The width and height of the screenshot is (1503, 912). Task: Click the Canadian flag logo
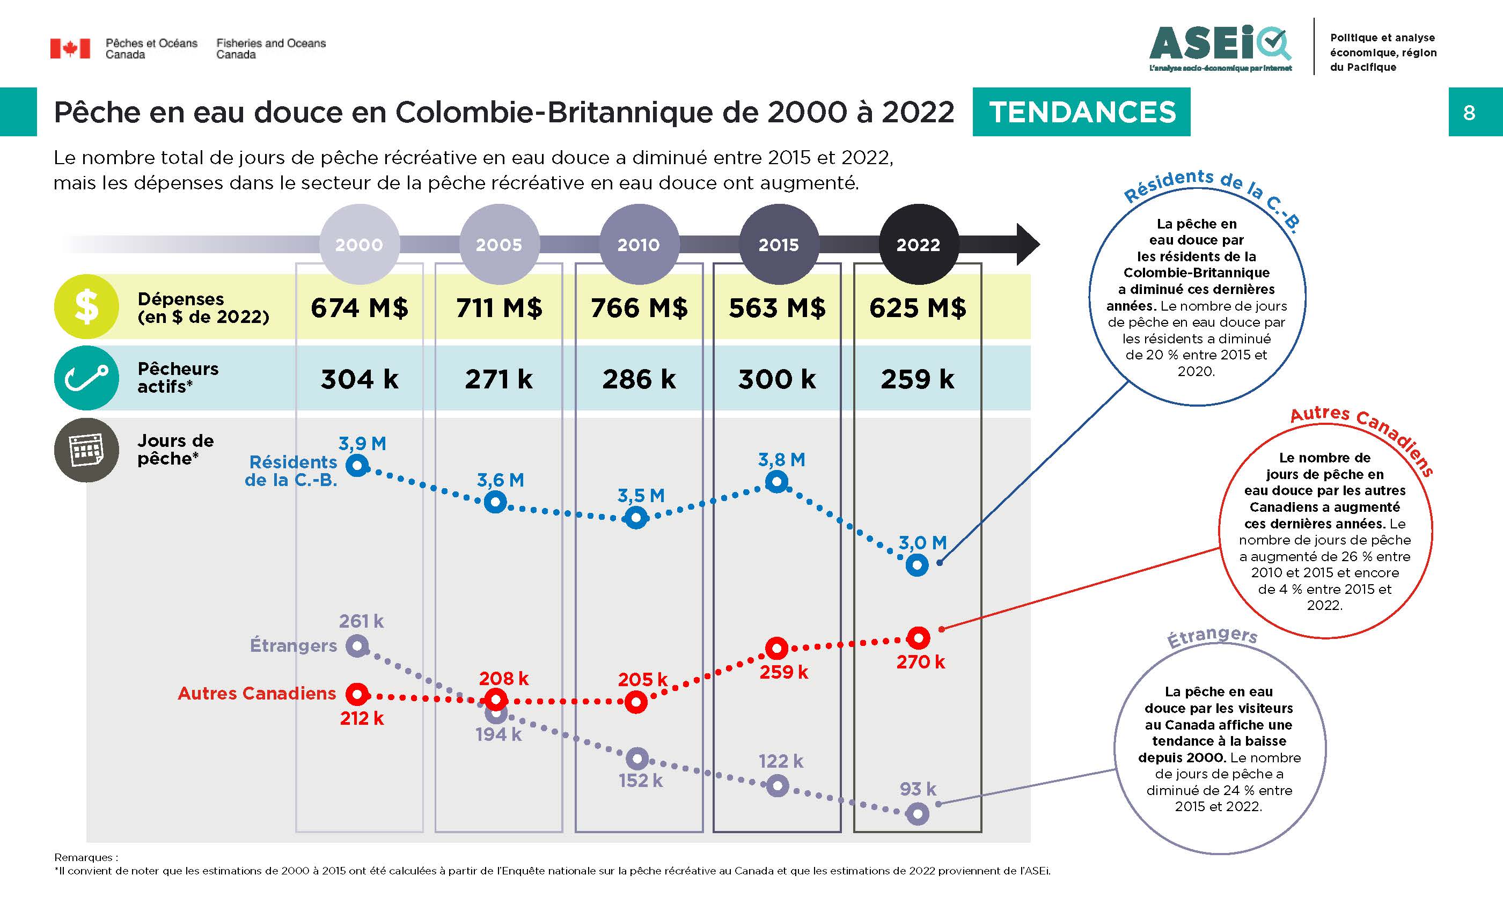click(70, 48)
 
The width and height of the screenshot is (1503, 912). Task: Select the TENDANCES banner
click(1081, 112)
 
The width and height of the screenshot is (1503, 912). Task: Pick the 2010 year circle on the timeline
click(639, 245)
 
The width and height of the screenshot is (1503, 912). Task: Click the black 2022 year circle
click(918, 245)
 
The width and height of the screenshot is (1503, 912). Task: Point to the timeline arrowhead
click(1027, 244)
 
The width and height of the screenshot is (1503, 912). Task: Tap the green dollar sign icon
click(86, 306)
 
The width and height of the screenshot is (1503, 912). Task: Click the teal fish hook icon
click(86, 378)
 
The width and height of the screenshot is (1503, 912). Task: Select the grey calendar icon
click(86, 450)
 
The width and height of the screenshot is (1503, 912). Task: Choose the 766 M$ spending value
click(639, 307)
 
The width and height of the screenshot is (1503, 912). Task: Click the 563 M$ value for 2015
click(777, 307)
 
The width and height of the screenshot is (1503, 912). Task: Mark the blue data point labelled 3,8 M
click(776, 482)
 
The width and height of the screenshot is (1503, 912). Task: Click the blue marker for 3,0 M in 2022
click(917, 565)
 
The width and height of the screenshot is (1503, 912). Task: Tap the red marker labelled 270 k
click(918, 638)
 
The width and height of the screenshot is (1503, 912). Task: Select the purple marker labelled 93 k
click(918, 814)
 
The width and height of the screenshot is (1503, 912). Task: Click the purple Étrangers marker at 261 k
click(357, 645)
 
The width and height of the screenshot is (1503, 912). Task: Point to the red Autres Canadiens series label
click(257, 694)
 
